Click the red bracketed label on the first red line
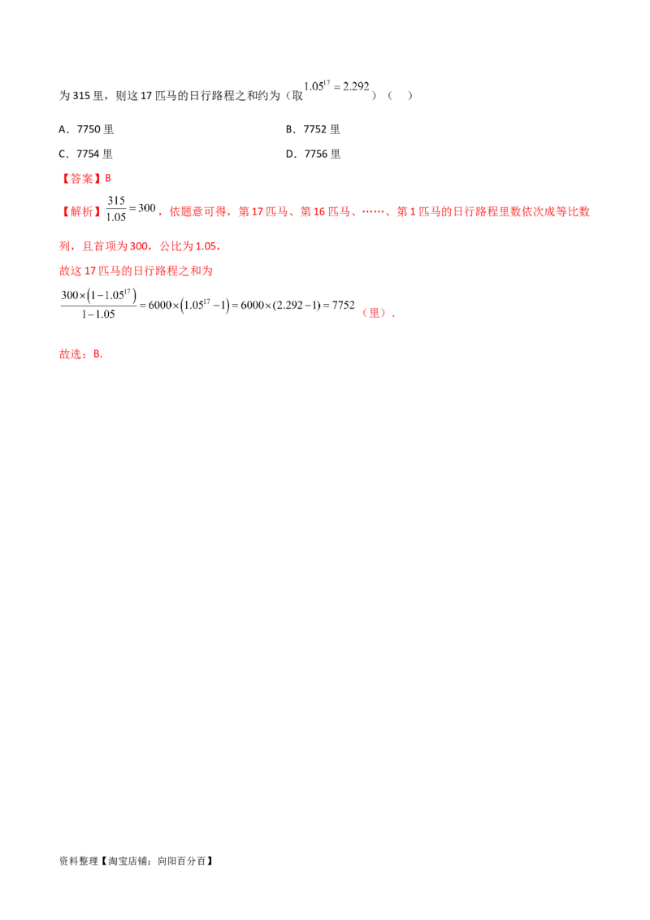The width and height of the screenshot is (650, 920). pos(81,178)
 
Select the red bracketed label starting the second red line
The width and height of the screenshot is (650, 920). pos(81,212)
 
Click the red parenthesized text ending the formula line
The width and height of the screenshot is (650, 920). pos(375,312)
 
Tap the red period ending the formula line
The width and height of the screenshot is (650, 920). pos(393,314)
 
